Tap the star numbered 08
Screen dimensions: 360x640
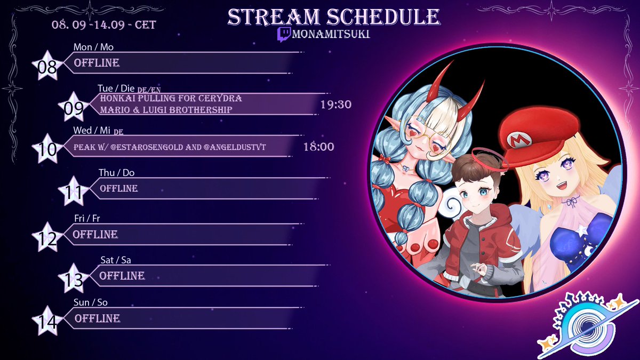[46, 66]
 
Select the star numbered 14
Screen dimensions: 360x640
[46, 322]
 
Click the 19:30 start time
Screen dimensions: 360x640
[335, 105]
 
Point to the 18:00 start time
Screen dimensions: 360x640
[318, 147]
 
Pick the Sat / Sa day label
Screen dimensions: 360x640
[115, 260]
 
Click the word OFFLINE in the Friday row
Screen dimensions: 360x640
[95, 234]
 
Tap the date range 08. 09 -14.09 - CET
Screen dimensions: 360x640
[104, 25]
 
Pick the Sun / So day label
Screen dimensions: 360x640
[91, 302]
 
